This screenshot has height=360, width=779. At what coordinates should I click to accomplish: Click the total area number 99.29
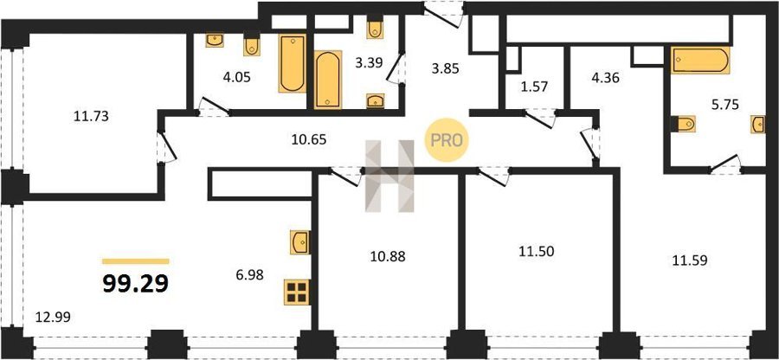(x=136, y=283)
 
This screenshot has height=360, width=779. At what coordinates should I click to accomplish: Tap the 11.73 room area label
(x=91, y=117)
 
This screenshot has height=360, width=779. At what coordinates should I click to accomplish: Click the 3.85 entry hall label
(x=445, y=68)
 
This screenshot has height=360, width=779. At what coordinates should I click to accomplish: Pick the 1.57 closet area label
(x=534, y=87)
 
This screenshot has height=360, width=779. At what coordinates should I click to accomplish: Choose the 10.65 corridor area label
(x=308, y=140)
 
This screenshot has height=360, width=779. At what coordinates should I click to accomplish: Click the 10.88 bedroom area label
(x=388, y=256)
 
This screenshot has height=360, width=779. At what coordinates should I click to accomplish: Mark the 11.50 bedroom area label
(x=537, y=251)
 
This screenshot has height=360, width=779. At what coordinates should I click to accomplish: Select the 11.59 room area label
(x=690, y=260)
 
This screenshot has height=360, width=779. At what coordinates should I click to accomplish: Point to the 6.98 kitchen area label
(x=249, y=273)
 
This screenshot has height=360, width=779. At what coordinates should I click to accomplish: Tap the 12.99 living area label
(x=53, y=317)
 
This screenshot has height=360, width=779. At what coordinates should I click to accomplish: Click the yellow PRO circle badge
(x=447, y=140)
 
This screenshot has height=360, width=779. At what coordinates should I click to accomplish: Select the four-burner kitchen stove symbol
(x=297, y=292)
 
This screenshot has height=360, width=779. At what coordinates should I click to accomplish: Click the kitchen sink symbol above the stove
(x=300, y=242)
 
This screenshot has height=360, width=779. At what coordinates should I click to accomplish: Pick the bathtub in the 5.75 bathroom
(x=700, y=60)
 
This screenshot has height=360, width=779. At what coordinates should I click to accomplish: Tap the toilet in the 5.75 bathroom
(x=683, y=124)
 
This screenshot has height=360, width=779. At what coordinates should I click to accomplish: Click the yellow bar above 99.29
(x=136, y=261)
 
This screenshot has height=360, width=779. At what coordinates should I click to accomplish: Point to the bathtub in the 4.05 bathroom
(x=293, y=63)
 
